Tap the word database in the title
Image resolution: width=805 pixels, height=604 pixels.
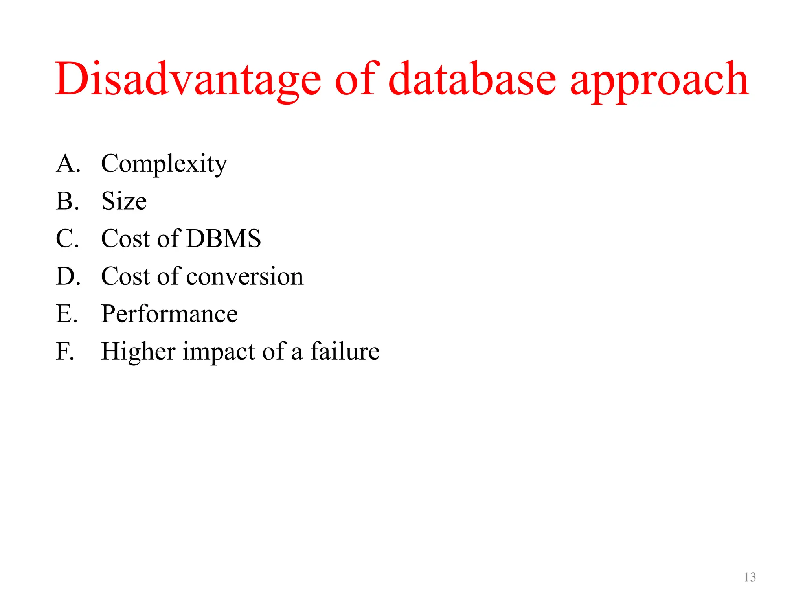coord(472,79)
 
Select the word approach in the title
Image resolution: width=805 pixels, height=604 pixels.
coord(660,81)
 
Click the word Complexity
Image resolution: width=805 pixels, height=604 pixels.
coord(164,164)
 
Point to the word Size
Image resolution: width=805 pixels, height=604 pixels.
coord(124,201)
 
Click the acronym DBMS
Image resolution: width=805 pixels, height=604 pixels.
coord(223,238)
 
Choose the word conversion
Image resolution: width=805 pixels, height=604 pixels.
coord(244,276)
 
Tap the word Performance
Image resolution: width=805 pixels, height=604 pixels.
coord(169,314)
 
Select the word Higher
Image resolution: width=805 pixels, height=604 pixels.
coord(138,352)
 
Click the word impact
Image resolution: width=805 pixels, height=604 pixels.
coord(219,352)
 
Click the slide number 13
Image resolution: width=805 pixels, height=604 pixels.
coord(750,577)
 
